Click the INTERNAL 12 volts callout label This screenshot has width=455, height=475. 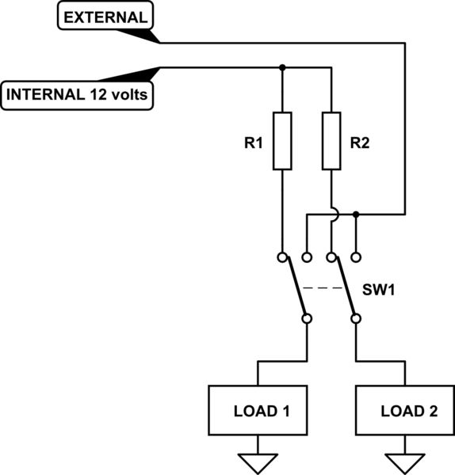point(78,95)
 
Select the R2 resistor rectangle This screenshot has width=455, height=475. point(331,141)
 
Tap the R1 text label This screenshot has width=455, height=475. point(253,145)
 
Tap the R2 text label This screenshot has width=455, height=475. point(361,145)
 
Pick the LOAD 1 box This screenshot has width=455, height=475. point(258,410)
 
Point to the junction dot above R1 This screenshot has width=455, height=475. point(283,67)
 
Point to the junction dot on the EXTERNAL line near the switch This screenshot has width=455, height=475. point(356,214)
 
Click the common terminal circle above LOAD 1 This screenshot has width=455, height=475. point(307,319)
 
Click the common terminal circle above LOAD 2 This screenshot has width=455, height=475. point(356,319)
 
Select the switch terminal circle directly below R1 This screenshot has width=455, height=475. point(283,257)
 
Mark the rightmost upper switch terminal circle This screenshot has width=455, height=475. point(356,257)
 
